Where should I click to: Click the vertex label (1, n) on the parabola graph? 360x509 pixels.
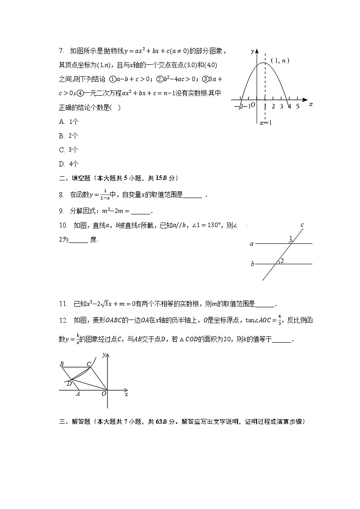[280, 61]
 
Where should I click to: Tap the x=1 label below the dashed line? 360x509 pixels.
[265, 123]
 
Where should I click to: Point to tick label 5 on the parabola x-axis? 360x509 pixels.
[297, 107]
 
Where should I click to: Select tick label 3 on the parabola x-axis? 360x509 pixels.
[281, 107]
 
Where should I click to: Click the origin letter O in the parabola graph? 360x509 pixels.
[253, 105]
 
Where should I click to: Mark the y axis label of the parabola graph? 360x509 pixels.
[252, 51]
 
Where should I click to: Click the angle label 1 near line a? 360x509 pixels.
[291, 238]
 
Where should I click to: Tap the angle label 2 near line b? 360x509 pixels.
[282, 261]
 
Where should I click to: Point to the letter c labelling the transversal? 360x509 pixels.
[302, 225]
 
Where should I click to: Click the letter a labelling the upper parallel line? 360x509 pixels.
[252, 244]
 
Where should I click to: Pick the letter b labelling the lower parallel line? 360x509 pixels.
[253, 264]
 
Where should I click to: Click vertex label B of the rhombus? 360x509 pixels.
[62, 364]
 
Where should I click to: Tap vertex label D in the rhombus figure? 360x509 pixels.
[68, 383]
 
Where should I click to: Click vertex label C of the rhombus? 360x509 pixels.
[89, 364]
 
